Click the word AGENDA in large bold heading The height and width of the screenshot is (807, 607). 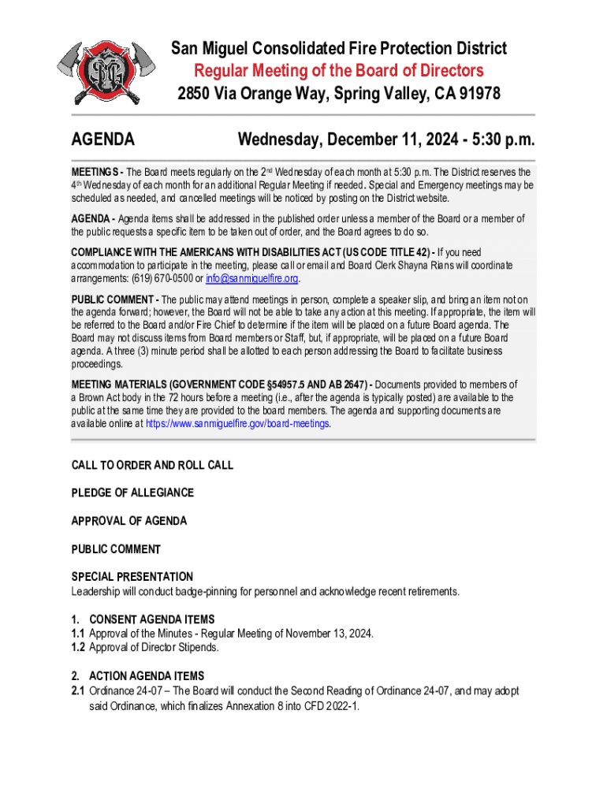point(102,140)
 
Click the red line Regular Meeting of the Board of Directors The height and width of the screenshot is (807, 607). point(339,71)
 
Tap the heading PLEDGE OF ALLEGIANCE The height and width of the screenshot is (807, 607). point(132,493)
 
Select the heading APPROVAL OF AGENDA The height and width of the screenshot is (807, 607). point(129,521)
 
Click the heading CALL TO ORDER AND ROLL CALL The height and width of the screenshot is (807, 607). point(152,465)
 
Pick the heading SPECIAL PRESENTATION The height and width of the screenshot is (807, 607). point(132,577)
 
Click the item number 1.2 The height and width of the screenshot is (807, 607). point(78,647)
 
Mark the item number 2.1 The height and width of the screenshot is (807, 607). point(78,690)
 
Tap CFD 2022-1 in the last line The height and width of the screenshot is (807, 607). point(326,705)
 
